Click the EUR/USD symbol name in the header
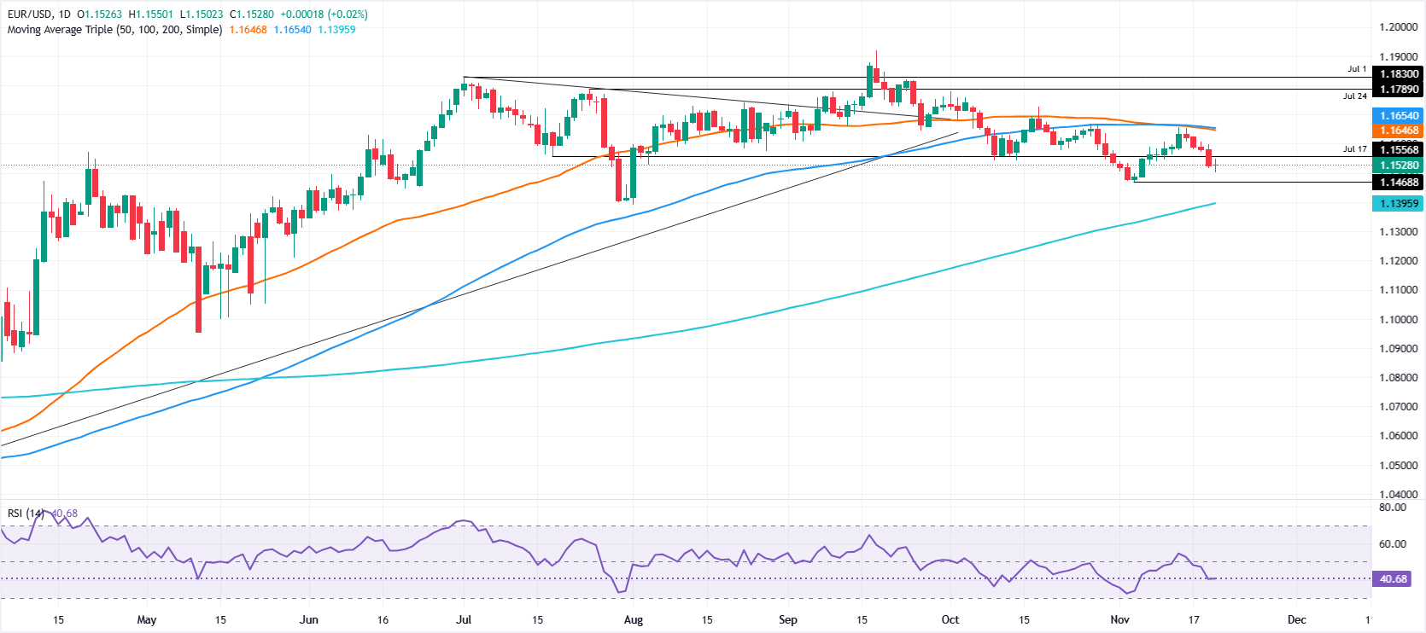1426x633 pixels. click(x=29, y=15)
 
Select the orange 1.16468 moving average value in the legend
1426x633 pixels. click(x=248, y=30)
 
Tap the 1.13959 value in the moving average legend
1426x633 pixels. click(x=336, y=30)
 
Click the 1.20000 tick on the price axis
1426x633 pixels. click(x=1398, y=27)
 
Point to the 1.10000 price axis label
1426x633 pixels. click(x=1398, y=320)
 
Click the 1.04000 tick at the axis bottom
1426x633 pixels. click(x=1398, y=495)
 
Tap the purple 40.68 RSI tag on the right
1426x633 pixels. click(x=1393, y=579)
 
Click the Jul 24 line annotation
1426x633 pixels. click(x=1354, y=96)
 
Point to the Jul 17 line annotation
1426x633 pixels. click(x=1354, y=149)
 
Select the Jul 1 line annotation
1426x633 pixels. click(x=1357, y=69)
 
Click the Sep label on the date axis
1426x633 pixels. click(x=788, y=620)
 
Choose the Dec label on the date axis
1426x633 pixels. click(x=1296, y=620)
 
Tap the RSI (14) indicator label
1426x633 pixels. click(x=26, y=514)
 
